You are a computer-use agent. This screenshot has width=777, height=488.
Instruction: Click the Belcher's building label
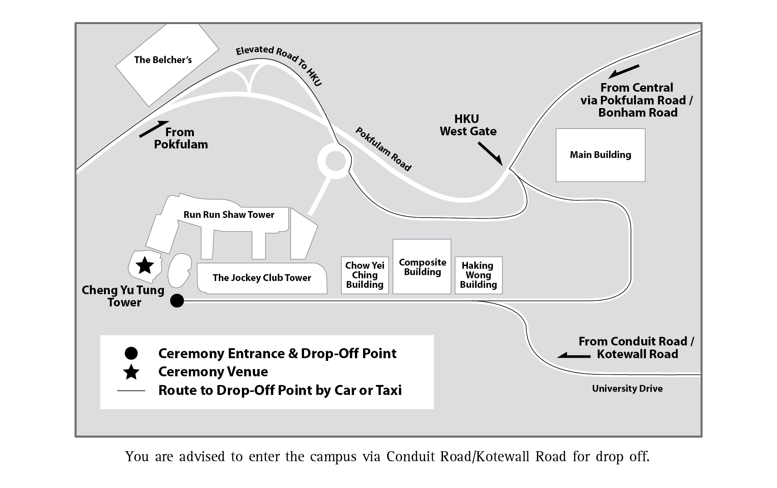click(163, 60)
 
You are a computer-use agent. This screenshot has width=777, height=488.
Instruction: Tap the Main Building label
click(600, 155)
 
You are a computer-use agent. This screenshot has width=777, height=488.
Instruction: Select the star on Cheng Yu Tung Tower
click(145, 266)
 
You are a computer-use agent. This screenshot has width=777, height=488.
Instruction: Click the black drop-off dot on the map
click(177, 301)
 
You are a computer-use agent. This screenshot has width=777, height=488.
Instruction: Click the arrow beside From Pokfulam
click(154, 129)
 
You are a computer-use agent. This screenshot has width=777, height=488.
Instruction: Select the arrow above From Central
click(624, 72)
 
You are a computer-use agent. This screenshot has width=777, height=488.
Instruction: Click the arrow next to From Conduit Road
click(574, 355)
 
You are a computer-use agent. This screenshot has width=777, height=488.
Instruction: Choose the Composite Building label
click(422, 267)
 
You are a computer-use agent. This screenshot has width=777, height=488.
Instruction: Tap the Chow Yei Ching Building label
click(364, 275)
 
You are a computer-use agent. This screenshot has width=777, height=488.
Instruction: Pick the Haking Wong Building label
click(478, 275)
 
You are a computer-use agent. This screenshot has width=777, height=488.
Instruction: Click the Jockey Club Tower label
click(262, 278)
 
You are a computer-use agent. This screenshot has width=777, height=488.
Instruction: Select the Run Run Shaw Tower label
click(229, 215)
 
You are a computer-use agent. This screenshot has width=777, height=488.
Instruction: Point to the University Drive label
click(627, 389)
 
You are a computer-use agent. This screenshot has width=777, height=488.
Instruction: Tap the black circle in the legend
click(131, 353)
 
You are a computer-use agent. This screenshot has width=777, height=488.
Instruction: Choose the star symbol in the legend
click(131, 372)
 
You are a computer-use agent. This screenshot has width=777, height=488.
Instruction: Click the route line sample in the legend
click(131, 390)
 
